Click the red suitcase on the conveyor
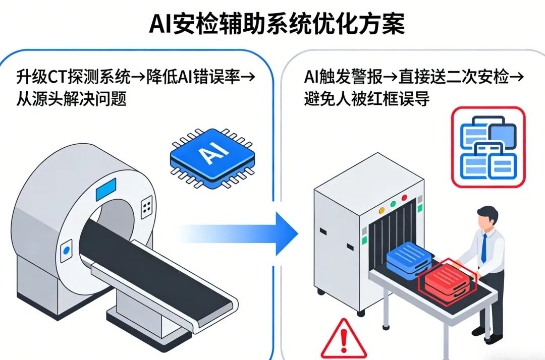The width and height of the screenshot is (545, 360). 447,283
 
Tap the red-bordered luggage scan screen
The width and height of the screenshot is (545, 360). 487,147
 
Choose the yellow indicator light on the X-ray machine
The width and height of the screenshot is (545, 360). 381,207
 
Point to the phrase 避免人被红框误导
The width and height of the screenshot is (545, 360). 367,99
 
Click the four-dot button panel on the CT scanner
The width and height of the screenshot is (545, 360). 147,206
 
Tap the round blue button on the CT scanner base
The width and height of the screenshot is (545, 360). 66,251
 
